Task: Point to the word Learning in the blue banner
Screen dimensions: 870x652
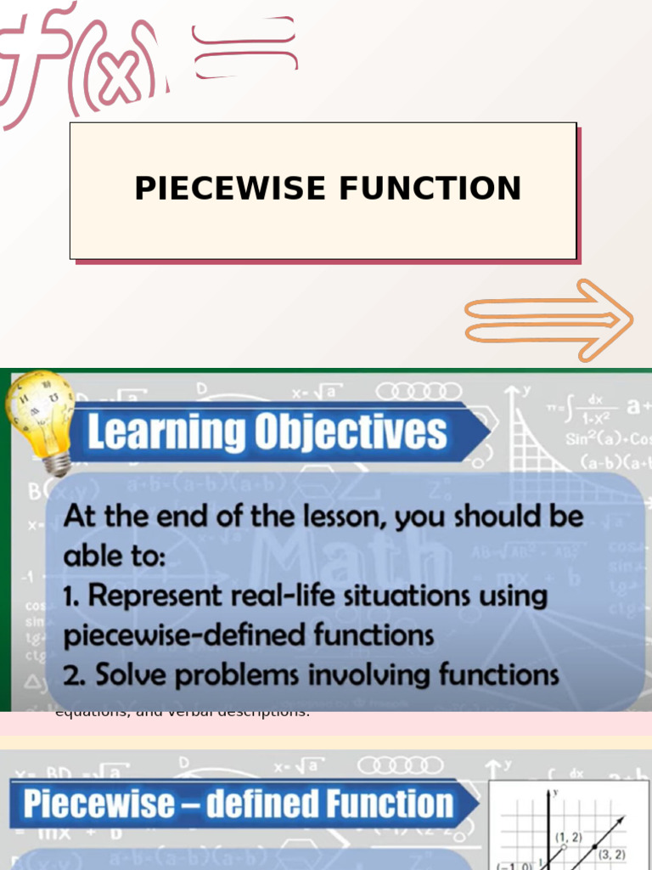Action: point(160,432)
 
